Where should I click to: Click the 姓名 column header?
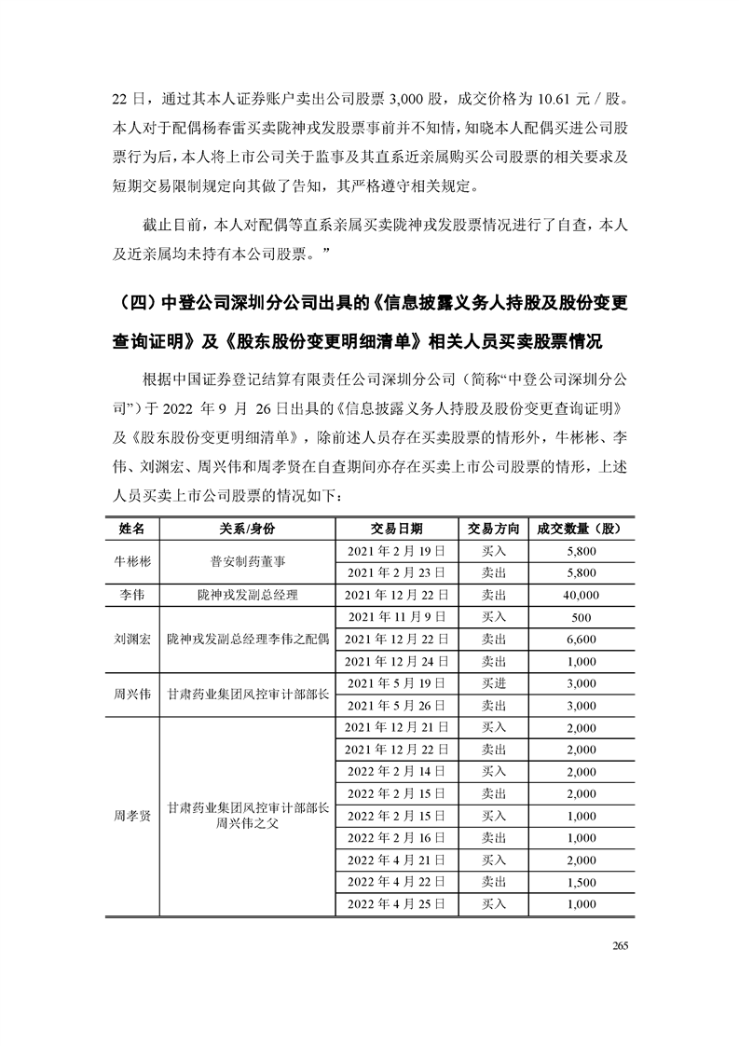tap(132, 529)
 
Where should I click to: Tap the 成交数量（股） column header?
tap(580, 529)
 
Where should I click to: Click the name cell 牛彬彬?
tap(132, 562)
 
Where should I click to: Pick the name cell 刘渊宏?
tap(132, 640)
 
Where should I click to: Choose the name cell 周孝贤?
tap(132, 815)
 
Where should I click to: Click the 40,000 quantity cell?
tap(580, 595)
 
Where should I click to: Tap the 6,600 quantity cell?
tap(580, 640)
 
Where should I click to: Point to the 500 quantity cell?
tap(580, 617)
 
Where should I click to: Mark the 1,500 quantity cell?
tap(580, 881)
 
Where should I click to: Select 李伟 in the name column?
tap(132, 595)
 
